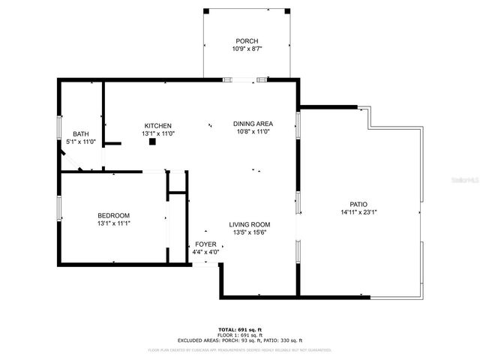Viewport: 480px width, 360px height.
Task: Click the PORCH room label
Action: (247, 41)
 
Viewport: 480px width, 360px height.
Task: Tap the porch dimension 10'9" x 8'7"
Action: (247, 49)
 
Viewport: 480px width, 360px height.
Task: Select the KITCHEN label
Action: (158, 125)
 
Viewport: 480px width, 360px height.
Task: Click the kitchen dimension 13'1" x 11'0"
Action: (158, 133)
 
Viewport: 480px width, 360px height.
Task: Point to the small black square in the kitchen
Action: (151, 140)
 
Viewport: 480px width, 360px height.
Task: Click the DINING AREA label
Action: (253, 124)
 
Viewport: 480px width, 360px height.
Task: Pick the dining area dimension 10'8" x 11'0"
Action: (253, 132)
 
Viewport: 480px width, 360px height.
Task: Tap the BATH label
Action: (80, 134)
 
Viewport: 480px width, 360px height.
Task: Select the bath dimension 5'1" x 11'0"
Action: (80, 142)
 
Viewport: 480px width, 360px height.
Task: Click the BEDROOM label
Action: (113, 215)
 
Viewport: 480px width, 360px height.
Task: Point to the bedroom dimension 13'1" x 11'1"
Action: (113, 223)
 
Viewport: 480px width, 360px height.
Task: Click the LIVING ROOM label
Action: (250, 224)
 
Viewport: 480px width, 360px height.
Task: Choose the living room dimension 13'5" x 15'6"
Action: (250, 232)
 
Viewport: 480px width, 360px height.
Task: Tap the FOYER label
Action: (205, 244)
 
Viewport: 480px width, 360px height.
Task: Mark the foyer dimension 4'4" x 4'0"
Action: (205, 252)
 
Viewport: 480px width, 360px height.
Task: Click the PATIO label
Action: (358, 204)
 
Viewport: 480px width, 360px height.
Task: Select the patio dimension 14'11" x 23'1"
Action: (358, 212)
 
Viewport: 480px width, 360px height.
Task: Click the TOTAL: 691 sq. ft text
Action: (240, 329)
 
